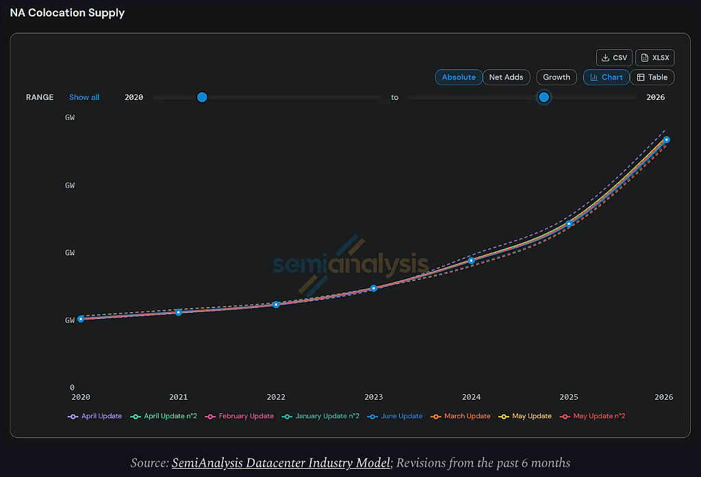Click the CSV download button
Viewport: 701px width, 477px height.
point(614,57)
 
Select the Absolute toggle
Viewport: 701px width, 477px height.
point(459,77)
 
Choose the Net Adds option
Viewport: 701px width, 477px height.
point(506,77)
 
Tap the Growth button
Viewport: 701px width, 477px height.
point(557,77)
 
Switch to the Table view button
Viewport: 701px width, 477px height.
point(652,77)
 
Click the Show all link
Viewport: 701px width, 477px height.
point(84,97)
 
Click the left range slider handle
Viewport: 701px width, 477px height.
point(202,97)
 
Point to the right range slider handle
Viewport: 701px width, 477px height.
point(544,97)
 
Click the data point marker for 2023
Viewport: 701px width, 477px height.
point(374,288)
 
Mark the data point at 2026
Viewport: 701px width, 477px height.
point(667,140)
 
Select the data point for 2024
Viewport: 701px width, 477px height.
point(471,261)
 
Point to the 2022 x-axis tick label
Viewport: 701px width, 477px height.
point(276,397)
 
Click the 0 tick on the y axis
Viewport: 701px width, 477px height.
point(72,387)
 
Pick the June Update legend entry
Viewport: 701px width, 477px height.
point(395,416)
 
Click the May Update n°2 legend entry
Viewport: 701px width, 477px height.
point(592,416)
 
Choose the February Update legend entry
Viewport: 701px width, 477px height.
point(239,416)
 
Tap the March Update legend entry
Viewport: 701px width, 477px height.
point(461,416)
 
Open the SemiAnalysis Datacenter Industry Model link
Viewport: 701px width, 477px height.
point(281,463)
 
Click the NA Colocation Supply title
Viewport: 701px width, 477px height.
point(67,12)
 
